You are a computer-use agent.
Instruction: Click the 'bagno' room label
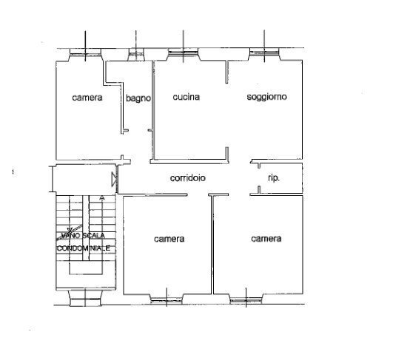[x=138, y=98]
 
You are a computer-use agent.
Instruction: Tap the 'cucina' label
[x=187, y=97]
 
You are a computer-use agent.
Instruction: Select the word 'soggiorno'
[x=266, y=97]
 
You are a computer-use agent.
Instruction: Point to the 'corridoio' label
[x=187, y=178]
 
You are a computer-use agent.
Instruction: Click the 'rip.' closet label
[x=273, y=178]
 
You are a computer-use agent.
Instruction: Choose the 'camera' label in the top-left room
[x=87, y=98]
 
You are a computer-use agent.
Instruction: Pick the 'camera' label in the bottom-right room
[x=266, y=238]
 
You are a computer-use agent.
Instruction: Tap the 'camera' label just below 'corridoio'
[x=169, y=239]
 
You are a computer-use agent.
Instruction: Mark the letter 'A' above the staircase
[x=101, y=198]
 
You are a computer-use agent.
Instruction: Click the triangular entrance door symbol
[x=113, y=178]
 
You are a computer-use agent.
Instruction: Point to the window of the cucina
[x=182, y=53]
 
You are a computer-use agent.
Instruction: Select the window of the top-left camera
[x=87, y=53]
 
